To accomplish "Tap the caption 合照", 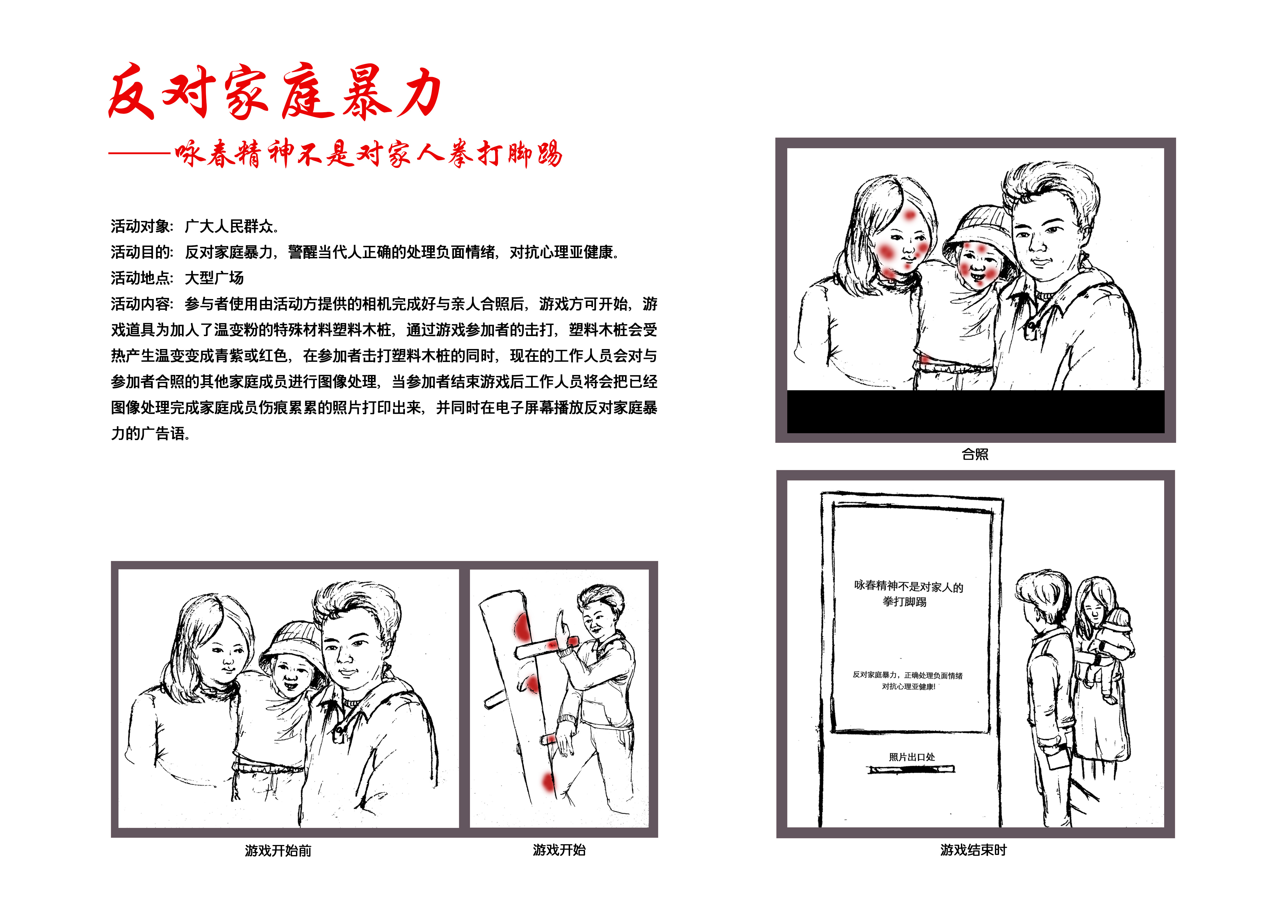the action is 975,454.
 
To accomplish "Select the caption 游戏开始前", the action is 278,851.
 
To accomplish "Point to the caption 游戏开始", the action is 559,850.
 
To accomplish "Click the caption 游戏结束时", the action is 973,850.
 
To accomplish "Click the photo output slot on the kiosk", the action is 911,770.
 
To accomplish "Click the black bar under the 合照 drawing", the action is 975,411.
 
